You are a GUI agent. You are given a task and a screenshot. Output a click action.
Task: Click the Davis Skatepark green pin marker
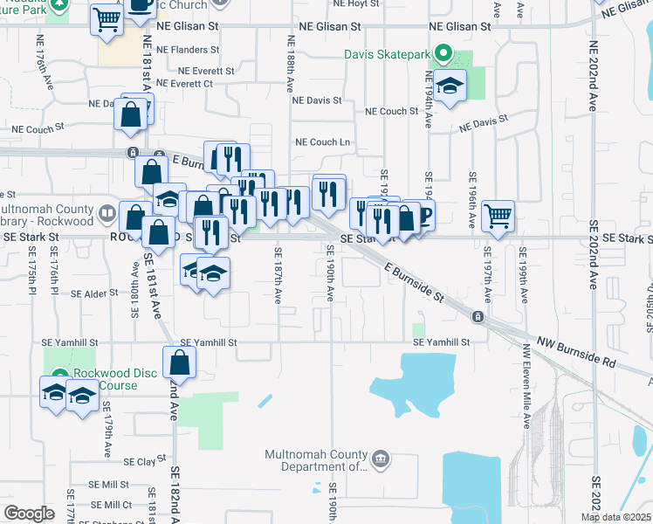click(442, 55)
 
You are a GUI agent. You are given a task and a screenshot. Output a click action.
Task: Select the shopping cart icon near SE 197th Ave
click(498, 214)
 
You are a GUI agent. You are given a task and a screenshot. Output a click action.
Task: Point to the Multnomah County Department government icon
click(380, 458)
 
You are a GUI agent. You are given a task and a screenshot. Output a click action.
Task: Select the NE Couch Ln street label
click(322, 141)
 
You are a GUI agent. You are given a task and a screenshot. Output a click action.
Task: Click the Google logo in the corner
click(29, 514)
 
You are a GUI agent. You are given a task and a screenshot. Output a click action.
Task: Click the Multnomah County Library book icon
click(107, 212)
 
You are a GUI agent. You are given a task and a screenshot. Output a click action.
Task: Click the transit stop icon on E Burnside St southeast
click(478, 316)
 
